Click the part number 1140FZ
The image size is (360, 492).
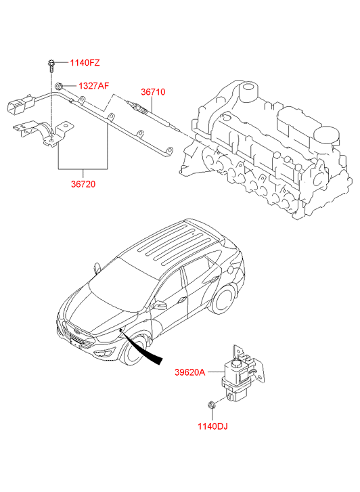85,63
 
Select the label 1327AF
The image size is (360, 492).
94,86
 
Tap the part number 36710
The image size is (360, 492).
153,92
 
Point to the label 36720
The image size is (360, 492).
83,184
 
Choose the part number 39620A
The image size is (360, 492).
189,372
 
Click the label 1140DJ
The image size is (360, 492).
212,426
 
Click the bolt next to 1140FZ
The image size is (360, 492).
51,66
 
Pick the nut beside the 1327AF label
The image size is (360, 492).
59,86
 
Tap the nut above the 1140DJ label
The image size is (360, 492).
211,405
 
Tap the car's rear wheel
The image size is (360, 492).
224,299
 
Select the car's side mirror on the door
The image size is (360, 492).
160,305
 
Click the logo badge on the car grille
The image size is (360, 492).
76,332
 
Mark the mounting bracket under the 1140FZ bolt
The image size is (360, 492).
43,133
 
